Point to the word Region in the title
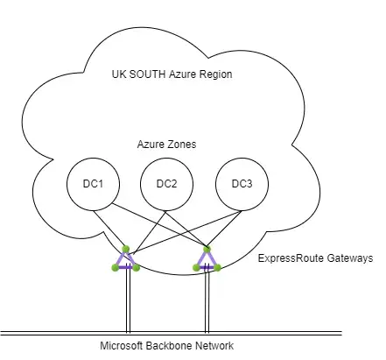coord(216,74)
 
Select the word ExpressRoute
coord(291,258)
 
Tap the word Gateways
coord(350,258)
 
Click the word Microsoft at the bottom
coord(122,346)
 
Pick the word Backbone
coord(169,346)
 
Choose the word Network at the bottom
coord(214,346)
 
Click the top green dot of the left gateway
coord(126,249)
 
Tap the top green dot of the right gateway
coord(207,249)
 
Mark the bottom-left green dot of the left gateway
coord(116,267)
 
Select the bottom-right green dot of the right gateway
coord(217,267)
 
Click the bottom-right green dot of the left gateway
coord(137,267)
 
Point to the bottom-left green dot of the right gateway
coord(196,267)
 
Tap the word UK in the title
coord(119,74)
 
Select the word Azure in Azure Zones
coord(152,145)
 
